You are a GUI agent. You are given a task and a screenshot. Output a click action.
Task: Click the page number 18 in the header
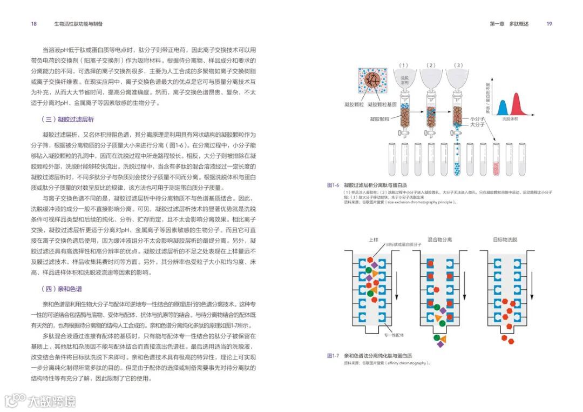point(34,24)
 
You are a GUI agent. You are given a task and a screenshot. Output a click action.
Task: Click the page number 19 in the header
point(549,24)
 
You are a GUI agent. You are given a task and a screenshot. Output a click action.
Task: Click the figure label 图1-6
point(333,185)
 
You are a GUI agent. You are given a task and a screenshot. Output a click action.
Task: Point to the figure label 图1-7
point(333,356)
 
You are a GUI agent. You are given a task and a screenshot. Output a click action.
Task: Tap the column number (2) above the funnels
point(430,65)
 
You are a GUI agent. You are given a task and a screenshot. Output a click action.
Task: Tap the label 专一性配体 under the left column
point(394,335)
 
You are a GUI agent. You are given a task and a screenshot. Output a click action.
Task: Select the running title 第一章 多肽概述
point(509,24)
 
